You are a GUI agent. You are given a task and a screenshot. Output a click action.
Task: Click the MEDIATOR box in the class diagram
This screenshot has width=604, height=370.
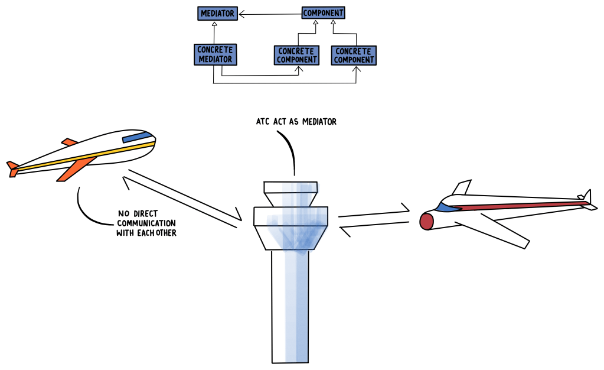(x=217, y=12)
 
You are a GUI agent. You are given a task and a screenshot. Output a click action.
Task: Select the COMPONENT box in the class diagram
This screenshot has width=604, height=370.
(x=323, y=12)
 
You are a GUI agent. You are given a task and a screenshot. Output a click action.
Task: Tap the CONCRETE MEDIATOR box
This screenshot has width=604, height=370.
(x=216, y=54)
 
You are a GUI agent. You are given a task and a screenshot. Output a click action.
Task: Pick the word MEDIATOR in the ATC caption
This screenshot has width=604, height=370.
(x=319, y=122)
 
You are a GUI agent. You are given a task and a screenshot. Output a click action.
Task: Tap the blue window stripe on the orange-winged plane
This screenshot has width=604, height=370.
(x=136, y=137)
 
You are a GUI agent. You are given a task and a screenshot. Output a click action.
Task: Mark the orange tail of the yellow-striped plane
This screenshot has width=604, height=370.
(x=12, y=168)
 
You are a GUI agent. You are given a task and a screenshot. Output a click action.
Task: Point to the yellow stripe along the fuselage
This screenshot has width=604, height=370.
(x=89, y=155)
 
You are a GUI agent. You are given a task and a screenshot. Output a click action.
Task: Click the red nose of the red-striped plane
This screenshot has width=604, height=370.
(x=426, y=221)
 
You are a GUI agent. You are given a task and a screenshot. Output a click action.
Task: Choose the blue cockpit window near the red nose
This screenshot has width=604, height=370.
(x=447, y=207)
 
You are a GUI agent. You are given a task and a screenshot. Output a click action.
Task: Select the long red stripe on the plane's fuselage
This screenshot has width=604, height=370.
(x=520, y=205)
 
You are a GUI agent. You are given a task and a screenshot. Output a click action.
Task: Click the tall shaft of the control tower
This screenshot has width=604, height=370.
(x=289, y=307)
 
